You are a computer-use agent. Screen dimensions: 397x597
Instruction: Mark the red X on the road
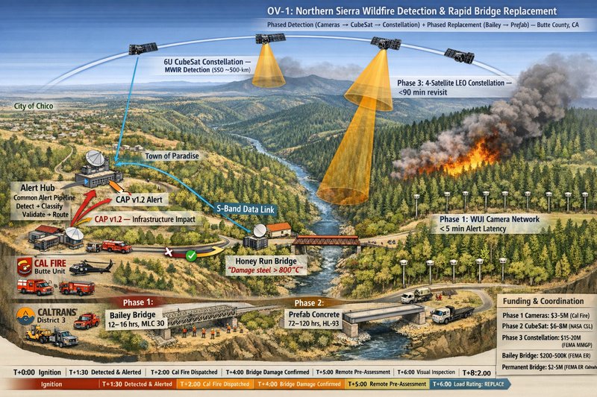[x=169, y=253]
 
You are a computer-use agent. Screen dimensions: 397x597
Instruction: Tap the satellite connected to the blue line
[x=142, y=48]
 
